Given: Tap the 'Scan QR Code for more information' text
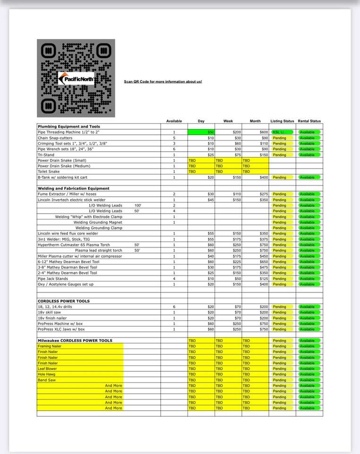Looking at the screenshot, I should [163, 82].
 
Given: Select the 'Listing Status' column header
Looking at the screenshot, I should [282, 121].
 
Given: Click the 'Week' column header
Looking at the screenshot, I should [228, 121].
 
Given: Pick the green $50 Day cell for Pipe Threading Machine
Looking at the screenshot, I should [201, 132].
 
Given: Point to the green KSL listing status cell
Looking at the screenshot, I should [282, 132].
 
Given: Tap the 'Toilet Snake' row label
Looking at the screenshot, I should [50, 172].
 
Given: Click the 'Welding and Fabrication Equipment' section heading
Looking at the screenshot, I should [73, 188].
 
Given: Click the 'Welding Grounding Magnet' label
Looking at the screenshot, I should [98, 222].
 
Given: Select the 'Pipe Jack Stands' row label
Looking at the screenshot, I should [53, 279].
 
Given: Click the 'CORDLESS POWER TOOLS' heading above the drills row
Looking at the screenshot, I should [63, 301].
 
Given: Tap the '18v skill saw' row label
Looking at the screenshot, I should [49, 312].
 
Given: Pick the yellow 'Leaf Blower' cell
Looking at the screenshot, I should [47, 369].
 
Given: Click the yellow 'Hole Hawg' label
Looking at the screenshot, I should [46, 375].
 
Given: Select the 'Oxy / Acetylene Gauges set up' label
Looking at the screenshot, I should [66, 284].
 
